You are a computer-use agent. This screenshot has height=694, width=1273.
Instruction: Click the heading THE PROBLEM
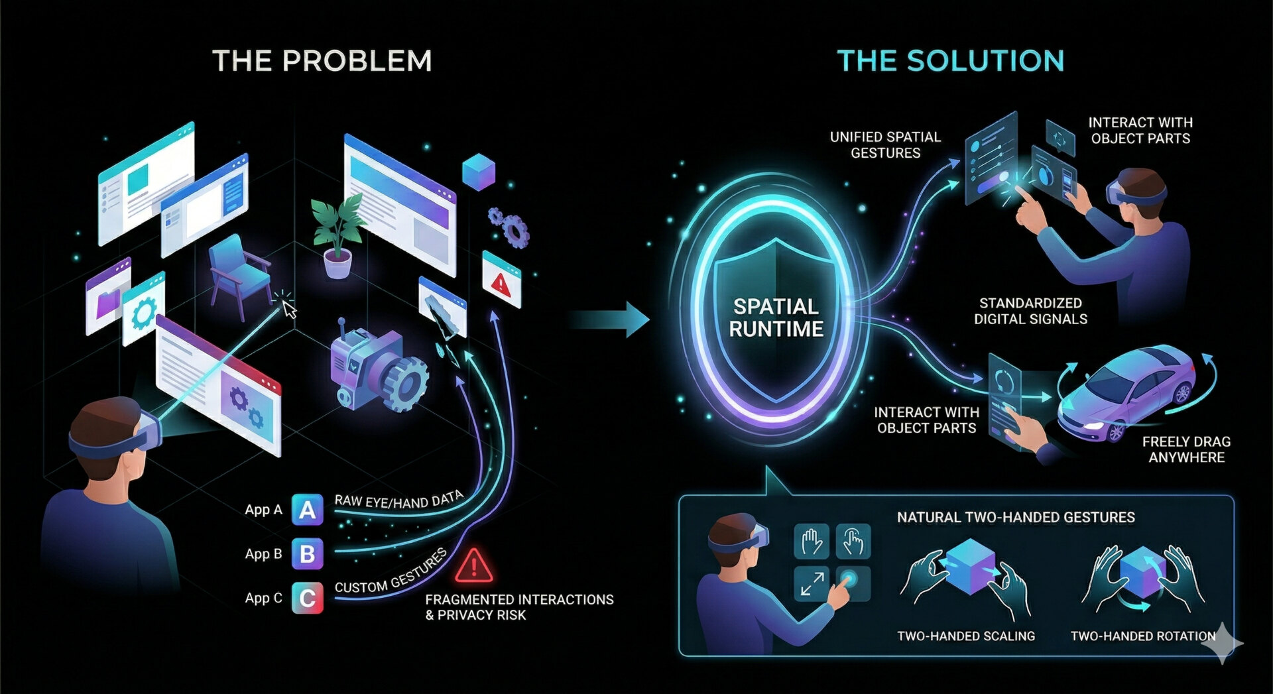[x=322, y=61]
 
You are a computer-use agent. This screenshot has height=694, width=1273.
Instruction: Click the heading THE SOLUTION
[x=950, y=61]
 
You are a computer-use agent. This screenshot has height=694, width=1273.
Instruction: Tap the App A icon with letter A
[x=307, y=510]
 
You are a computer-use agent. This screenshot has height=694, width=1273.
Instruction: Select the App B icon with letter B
[x=307, y=554]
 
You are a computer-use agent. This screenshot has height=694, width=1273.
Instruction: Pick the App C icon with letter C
[x=307, y=598]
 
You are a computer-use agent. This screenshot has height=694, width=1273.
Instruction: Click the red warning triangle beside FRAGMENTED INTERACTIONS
[x=473, y=566]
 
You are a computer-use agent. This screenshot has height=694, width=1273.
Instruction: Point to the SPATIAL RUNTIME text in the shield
[x=776, y=318]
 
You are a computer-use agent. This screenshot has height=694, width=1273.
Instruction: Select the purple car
[x=1127, y=391]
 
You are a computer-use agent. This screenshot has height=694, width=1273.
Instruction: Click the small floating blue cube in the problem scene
[x=478, y=171]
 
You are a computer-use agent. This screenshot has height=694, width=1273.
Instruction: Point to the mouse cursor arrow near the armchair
[x=289, y=309]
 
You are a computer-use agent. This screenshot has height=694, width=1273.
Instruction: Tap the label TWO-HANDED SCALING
[x=965, y=636]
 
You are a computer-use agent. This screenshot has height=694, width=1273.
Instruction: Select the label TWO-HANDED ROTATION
[x=1142, y=636]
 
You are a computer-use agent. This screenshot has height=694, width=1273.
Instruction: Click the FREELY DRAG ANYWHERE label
[x=1186, y=449]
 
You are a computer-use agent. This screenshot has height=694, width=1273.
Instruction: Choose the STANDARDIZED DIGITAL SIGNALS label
[x=1030, y=311]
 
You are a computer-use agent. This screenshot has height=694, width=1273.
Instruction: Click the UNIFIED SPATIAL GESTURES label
[x=885, y=145]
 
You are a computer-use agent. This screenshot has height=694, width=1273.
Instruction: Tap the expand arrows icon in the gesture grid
[x=812, y=583]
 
